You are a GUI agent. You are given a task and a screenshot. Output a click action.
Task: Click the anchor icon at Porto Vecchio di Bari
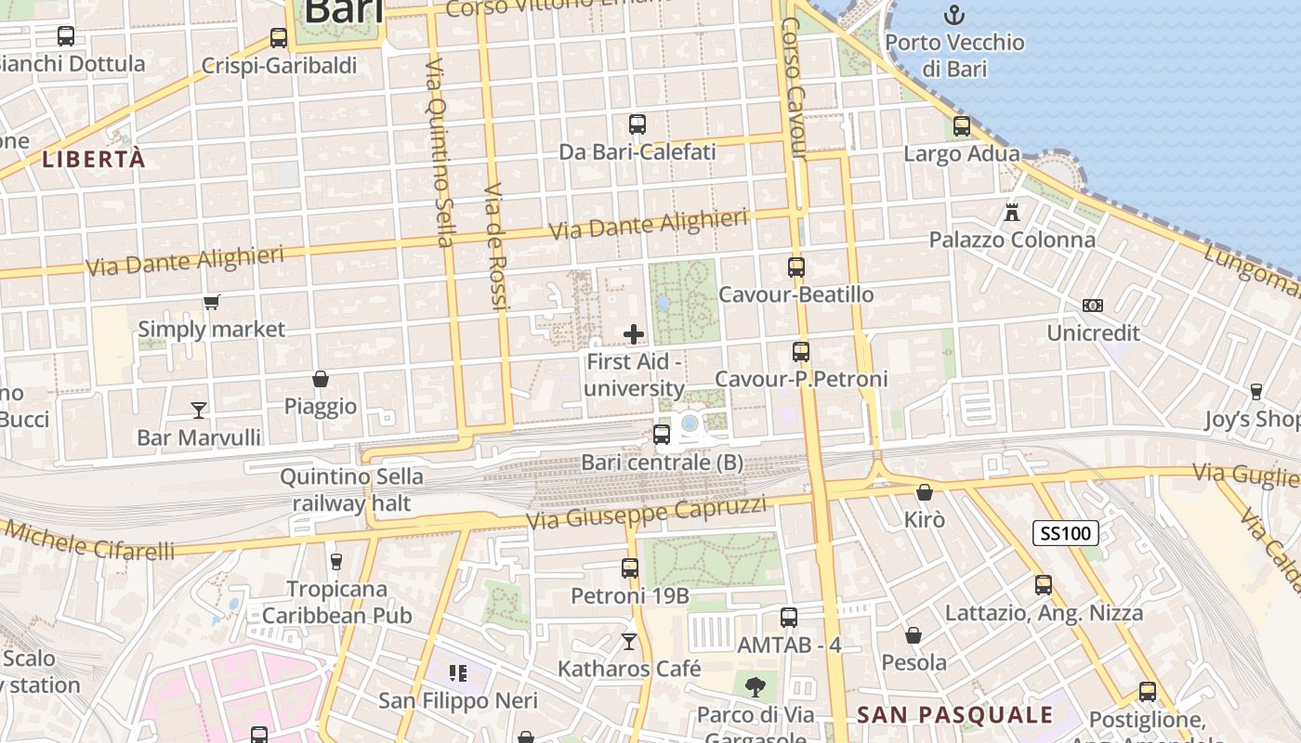(x=953, y=15)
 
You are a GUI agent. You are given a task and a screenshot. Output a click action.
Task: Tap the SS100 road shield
(x=1066, y=533)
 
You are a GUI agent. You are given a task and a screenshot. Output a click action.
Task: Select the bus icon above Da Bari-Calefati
(x=637, y=124)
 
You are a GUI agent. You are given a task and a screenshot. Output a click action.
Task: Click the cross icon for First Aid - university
(x=634, y=333)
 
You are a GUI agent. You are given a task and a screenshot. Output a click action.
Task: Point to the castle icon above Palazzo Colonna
(x=1012, y=212)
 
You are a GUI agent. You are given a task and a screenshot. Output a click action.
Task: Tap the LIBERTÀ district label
(x=94, y=159)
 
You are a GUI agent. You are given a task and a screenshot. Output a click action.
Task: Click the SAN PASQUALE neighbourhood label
(x=955, y=715)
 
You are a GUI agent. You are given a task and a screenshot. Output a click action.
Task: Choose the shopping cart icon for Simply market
(x=212, y=302)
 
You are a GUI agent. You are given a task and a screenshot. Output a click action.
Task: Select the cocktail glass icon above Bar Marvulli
(x=199, y=410)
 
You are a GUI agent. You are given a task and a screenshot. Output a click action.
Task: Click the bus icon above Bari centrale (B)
(x=662, y=434)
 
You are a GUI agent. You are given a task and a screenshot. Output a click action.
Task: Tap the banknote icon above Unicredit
(x=1093, y=305)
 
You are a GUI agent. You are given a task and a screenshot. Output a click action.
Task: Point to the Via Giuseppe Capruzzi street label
(x=647, y=511)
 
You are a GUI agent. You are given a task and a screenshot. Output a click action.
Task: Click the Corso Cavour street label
(x=795, y=88)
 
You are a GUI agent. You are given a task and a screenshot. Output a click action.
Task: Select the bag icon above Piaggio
(x=321, y=379)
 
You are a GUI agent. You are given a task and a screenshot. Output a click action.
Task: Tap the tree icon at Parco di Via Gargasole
(x=756, y=687)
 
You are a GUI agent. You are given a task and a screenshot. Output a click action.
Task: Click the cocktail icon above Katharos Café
(x=629, y=641)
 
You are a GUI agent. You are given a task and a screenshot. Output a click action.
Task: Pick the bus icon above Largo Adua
(x=962, y=125)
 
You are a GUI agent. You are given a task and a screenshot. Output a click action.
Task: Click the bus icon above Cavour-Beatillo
(x=796, y=267)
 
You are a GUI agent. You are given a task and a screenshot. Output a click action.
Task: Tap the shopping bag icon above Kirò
(x=925, y=492)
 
